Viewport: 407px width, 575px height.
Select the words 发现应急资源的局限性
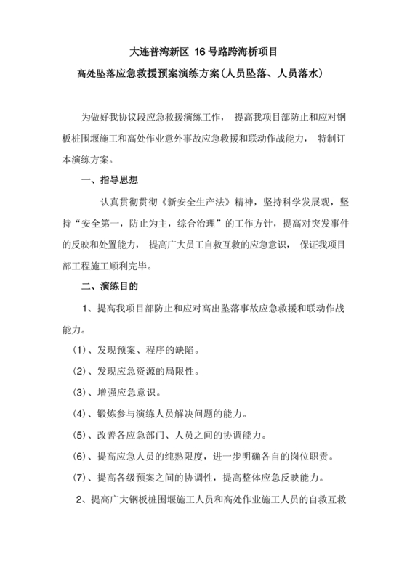tap(153, 372)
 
